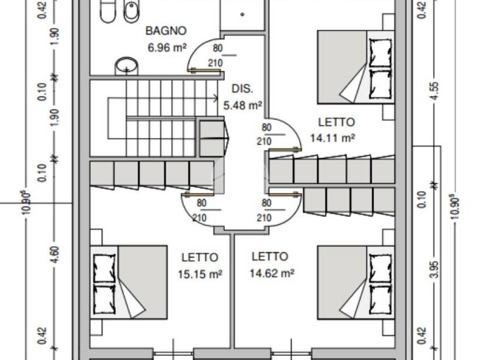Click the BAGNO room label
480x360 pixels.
[166, 31]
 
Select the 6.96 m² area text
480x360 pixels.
[167, 47]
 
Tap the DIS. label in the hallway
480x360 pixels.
[242, 89]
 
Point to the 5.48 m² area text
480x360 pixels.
[242, 105]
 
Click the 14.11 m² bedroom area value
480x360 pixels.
[332, 138]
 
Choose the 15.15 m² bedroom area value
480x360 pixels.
[200, 274]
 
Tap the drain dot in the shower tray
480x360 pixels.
[242, 14]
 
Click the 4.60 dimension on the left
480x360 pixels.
[55, 254]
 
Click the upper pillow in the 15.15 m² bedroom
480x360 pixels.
[104, 269]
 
